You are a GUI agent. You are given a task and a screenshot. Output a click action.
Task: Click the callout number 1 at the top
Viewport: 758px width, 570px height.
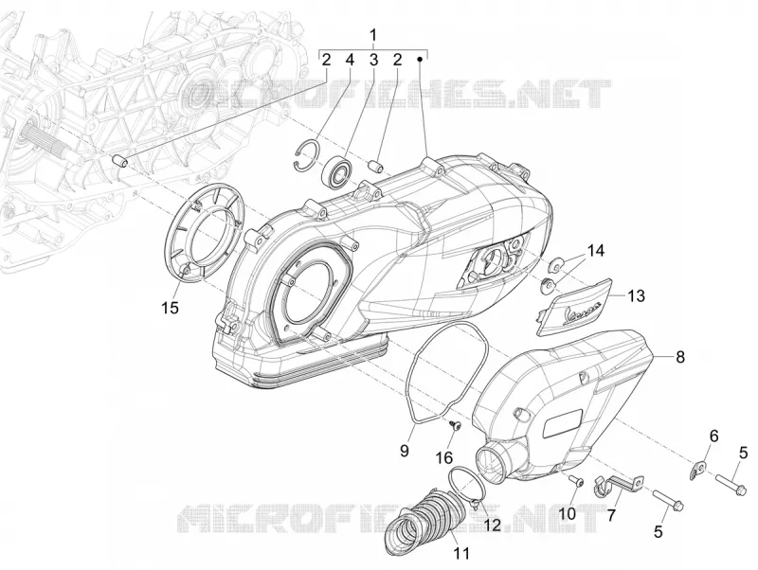372,35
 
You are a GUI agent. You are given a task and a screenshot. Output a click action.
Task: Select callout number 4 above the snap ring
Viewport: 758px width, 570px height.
350,60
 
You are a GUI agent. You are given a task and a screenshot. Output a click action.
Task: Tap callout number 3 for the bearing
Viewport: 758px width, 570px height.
373,60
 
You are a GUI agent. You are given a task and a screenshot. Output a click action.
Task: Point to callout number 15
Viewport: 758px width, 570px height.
171,308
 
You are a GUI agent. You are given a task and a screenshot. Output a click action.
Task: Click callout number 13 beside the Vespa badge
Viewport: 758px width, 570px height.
636,295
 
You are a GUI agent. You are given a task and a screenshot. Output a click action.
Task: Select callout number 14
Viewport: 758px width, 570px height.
596,251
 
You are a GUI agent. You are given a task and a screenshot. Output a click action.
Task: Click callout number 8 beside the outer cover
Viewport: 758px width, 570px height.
680,357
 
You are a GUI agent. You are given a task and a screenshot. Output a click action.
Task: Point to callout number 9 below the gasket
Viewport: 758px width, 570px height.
405,450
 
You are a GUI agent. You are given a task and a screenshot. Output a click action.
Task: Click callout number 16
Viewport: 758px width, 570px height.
444,457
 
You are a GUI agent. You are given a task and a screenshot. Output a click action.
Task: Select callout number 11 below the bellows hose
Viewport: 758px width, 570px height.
461,553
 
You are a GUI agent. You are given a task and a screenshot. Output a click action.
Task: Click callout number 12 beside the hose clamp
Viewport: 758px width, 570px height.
493,525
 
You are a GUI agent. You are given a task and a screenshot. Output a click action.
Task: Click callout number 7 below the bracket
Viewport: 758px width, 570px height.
611,515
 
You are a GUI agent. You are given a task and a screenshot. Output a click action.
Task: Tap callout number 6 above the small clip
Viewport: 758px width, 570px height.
713,436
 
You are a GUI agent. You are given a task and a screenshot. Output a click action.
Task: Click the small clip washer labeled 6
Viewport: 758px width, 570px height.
697,471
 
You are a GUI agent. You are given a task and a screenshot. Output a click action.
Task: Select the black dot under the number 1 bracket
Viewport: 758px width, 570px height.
420,59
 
